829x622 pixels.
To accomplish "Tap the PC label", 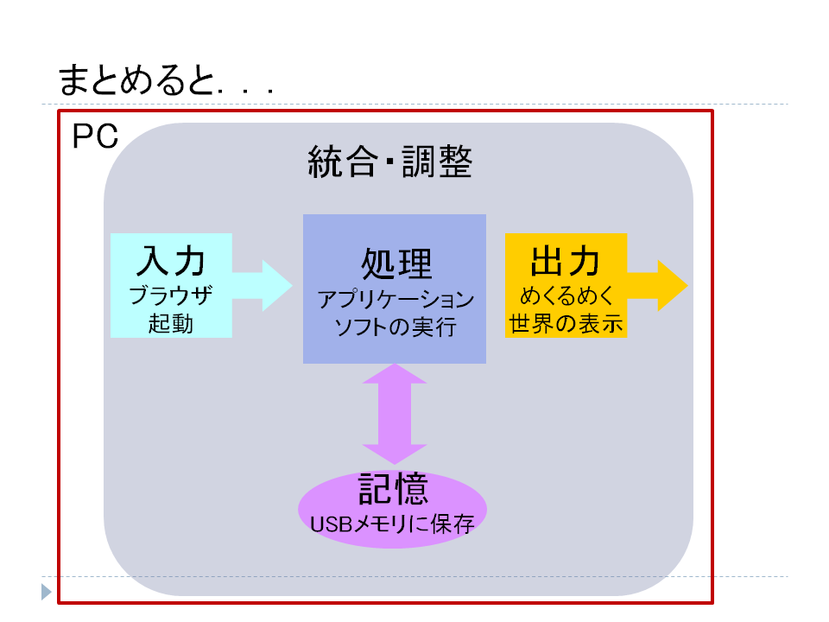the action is pos(95,136).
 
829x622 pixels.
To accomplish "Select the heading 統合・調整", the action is pos(390,162).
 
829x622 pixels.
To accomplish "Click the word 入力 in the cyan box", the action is pos(171,261).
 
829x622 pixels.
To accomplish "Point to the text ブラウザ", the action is pos(171,295).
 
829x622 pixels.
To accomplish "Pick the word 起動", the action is pos(171,323).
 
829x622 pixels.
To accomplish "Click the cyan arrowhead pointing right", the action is pos(277,286).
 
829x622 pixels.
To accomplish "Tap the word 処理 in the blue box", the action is pos(396,263).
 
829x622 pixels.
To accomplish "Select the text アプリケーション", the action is pos(396,300).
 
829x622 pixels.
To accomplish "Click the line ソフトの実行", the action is pos(396,327).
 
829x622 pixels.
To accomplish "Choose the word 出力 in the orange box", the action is pos(565,261).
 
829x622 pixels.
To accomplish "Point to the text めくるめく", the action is pos(566,295).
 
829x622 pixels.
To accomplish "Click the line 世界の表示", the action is pos(566,323).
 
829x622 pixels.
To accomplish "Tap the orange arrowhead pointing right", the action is pos(673,286).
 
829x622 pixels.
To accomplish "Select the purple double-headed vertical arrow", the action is pos(395,414).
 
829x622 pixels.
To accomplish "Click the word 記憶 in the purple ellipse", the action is pos(394,489).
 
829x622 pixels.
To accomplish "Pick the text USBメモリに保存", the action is pos(392,524).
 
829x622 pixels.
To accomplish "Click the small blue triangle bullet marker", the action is pos(46,592).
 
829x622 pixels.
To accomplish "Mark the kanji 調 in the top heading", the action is pos(418,162).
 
